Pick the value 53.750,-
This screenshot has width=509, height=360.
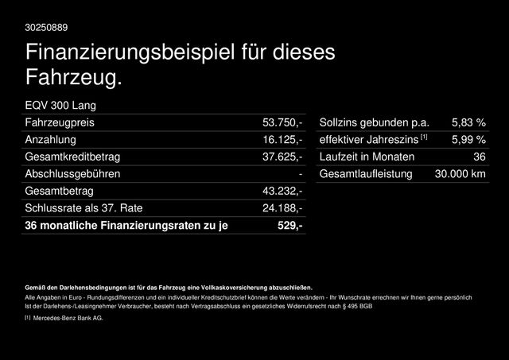pos(282,122)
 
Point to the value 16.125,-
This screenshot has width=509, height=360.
pos(282,140)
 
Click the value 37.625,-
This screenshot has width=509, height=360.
pos(282,157)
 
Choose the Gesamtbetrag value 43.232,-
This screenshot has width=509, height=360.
pos(282,192)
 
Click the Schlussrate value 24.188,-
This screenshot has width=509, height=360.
pos(282,208)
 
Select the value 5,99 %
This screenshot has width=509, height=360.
pos(468,140)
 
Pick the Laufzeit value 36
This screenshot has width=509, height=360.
pos(479,157)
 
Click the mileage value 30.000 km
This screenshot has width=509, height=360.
pos(455,174)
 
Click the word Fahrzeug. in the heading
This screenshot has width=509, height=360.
pos(73,79)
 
